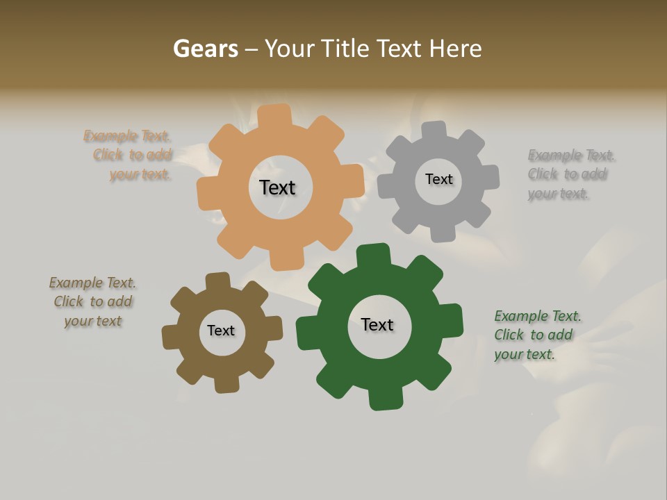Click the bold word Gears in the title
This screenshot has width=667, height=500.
point(205,49)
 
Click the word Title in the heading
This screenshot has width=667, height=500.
point(347,49)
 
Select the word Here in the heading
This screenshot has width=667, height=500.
point(455,49)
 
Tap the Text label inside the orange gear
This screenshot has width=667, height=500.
point(277,187)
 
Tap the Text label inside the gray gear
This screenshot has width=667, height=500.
point(438,179)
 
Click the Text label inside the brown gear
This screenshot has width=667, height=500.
point(221,331)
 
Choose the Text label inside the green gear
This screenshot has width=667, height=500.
point(377,324)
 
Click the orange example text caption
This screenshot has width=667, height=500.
point(129,155)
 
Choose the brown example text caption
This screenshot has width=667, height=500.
point(92,301)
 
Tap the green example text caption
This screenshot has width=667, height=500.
point(536,335)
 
